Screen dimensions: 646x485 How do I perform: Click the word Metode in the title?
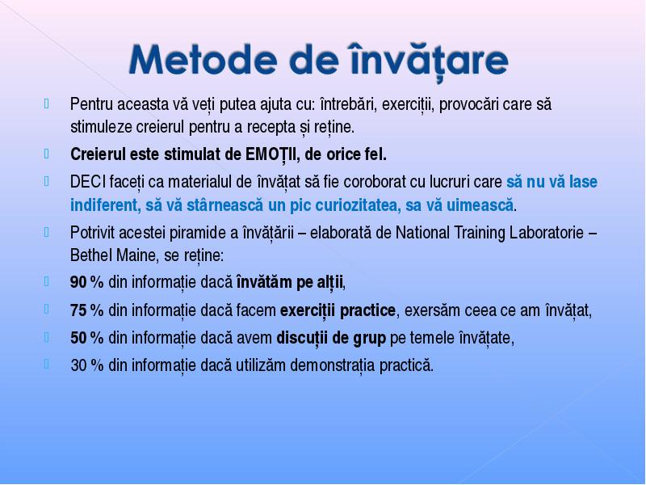(x=203, y=60)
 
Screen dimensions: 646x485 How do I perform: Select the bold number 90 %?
(x=86, y=282)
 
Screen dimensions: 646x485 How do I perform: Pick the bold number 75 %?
(x=86, y=310)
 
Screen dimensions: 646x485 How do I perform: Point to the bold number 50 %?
(x=86, y=338)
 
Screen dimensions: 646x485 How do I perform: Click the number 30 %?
(x=86, y=365)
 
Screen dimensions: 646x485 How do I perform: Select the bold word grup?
(x=369, y=339)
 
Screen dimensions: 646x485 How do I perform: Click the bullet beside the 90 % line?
(x=47, y=281)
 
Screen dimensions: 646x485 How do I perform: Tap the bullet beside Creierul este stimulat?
(x=47, y=154)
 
